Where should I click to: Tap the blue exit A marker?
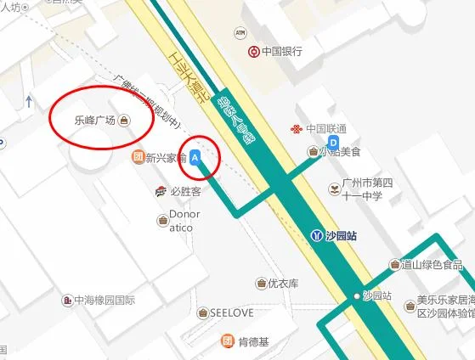tap(196, 157)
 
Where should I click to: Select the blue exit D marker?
tap(333, 142)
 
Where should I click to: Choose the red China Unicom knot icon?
tap(296, 129)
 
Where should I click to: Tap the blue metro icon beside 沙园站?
tap(317, 235)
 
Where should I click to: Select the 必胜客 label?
tap(184, 191)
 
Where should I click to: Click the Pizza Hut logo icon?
tap(161, 191)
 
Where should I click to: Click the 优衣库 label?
tap(283, 284)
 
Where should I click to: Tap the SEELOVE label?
tap(231, 312)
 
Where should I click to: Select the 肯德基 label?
tap(253, 342)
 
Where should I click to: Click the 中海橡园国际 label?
tap(105, 300)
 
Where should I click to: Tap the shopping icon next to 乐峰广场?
tap(125, 121)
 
